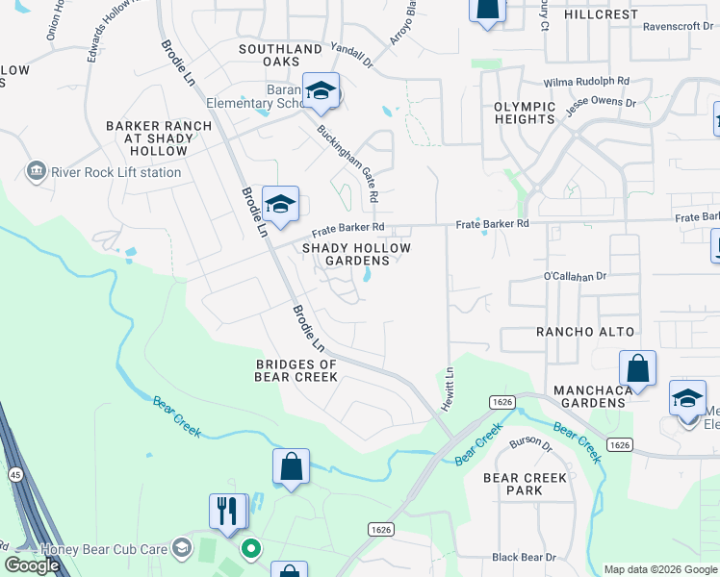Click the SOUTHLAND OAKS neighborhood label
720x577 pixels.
click(281, 56)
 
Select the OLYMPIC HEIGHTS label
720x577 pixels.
click(525, 113)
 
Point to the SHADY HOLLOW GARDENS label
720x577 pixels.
click(356, 254)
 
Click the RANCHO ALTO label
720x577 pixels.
click(585, 332)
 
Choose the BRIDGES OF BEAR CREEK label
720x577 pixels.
click(296, 370)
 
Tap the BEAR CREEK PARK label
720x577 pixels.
click(526, 484)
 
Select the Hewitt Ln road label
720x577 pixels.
click(448, 389)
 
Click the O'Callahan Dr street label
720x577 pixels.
click(578, 275)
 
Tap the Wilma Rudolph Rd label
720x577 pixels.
click(586, 83)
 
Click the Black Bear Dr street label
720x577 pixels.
click(524, 557)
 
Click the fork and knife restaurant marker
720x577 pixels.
click(228, 510)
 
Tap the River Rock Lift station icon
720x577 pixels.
click(37, 171)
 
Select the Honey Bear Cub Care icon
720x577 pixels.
click(181, 547)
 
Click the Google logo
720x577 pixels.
click(31, 565)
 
